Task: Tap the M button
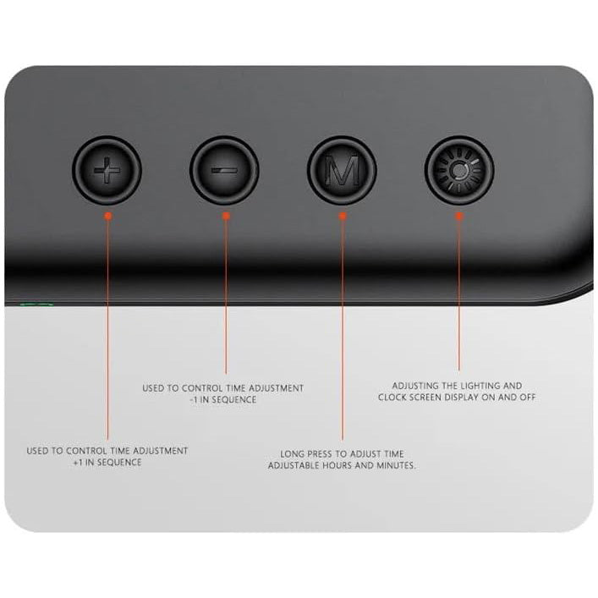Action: (342, 170)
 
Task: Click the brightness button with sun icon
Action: (459, 170)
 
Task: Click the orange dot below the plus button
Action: (108, 216)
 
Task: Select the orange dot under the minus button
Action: (226, 216)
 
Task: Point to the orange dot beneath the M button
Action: (343, 216)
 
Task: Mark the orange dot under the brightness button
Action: (459, 216)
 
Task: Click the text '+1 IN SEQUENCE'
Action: (107, 462)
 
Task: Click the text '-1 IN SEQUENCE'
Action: (223, 400)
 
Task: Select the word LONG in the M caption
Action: (292, 454)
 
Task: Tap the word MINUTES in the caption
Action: (396, 465)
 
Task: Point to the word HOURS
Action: (337, 465)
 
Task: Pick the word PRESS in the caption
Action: (320, 454)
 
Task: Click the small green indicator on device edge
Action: (36, 304)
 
